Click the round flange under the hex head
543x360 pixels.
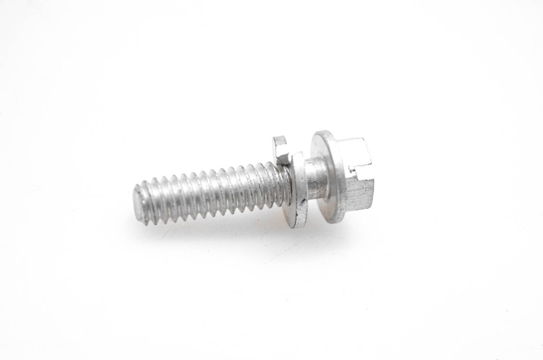[329, 176]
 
